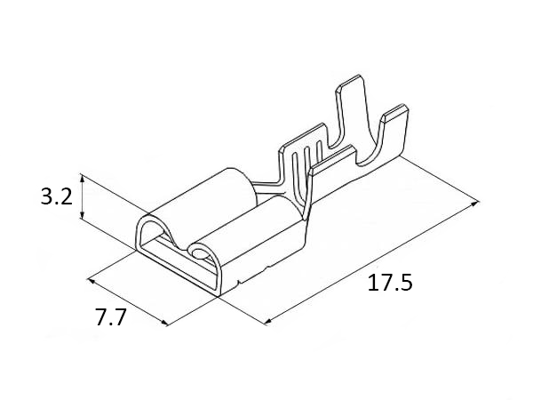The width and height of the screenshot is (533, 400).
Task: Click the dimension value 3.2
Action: pos(57,197)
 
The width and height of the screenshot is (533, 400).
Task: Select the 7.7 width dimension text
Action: pos(111,317)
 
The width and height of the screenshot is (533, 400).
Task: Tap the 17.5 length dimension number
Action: pos(390,283)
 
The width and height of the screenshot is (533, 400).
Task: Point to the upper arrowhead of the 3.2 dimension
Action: pos(82,178)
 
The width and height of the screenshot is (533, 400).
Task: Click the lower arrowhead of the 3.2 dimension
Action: pos(82,215)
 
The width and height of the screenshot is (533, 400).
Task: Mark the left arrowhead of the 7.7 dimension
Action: pos(91,281)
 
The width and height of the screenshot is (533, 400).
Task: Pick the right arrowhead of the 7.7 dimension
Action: pos(164,323)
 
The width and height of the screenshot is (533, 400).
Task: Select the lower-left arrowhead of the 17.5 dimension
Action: pos(268,322)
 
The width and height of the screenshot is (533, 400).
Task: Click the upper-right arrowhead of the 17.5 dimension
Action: pos(475,204)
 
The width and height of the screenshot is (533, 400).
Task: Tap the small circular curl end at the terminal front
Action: pos(199,253)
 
